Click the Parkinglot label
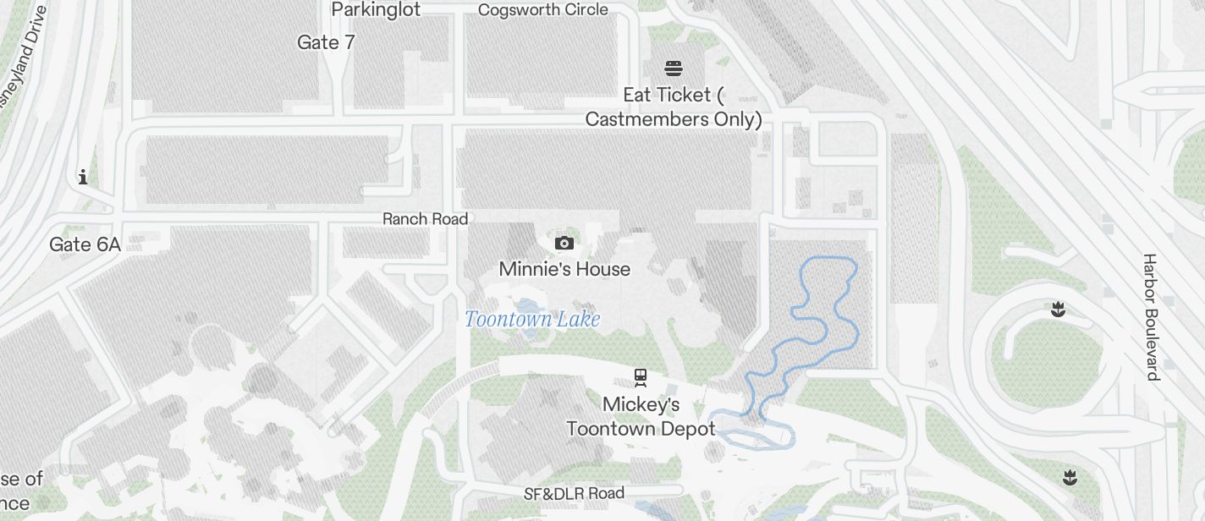376,9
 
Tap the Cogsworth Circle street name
542,10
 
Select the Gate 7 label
326,42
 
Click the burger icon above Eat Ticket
674,69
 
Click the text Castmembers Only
674,119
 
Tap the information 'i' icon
83,177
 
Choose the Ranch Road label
425,219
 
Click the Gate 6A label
85,245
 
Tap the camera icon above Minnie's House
564,244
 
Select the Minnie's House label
564,269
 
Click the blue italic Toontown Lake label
532,319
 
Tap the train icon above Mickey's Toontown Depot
641,377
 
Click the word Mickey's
641,404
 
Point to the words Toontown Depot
641,429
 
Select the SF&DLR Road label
574,493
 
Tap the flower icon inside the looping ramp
1057,310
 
